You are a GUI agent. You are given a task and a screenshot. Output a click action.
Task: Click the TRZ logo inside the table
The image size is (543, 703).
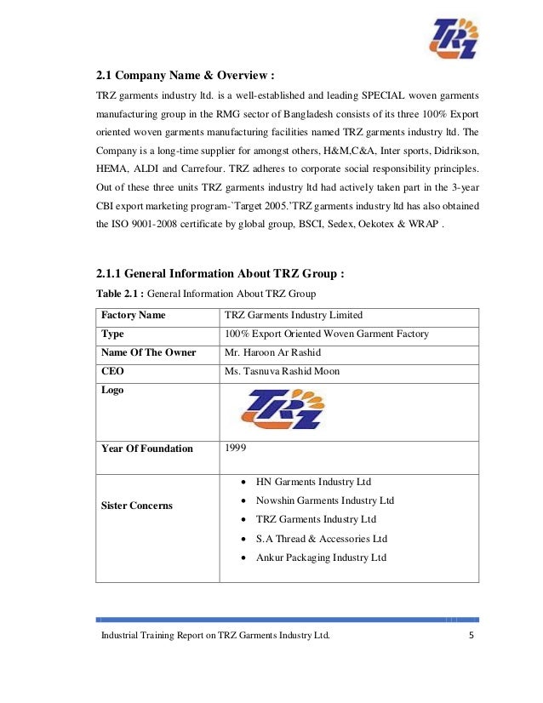[282, 408]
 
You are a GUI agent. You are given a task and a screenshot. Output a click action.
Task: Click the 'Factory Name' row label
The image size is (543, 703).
[134, 316]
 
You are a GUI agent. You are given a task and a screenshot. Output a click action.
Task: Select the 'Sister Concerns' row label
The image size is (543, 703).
[136, 506]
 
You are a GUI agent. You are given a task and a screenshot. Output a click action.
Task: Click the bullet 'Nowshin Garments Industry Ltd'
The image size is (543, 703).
[324, 500]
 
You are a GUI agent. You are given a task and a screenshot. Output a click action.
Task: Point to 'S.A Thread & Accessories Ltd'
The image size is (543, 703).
[321, 539]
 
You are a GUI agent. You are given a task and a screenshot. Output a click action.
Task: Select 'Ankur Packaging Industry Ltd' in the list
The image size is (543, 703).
[321, 557]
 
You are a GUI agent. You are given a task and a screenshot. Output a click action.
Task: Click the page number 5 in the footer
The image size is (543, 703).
[471, 636]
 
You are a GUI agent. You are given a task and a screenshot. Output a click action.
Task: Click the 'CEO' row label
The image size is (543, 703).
[112, 371]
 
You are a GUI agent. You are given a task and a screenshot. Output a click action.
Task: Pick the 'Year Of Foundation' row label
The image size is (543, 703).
[146, 449]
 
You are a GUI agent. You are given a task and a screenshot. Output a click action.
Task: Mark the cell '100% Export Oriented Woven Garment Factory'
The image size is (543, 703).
[326, 334]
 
